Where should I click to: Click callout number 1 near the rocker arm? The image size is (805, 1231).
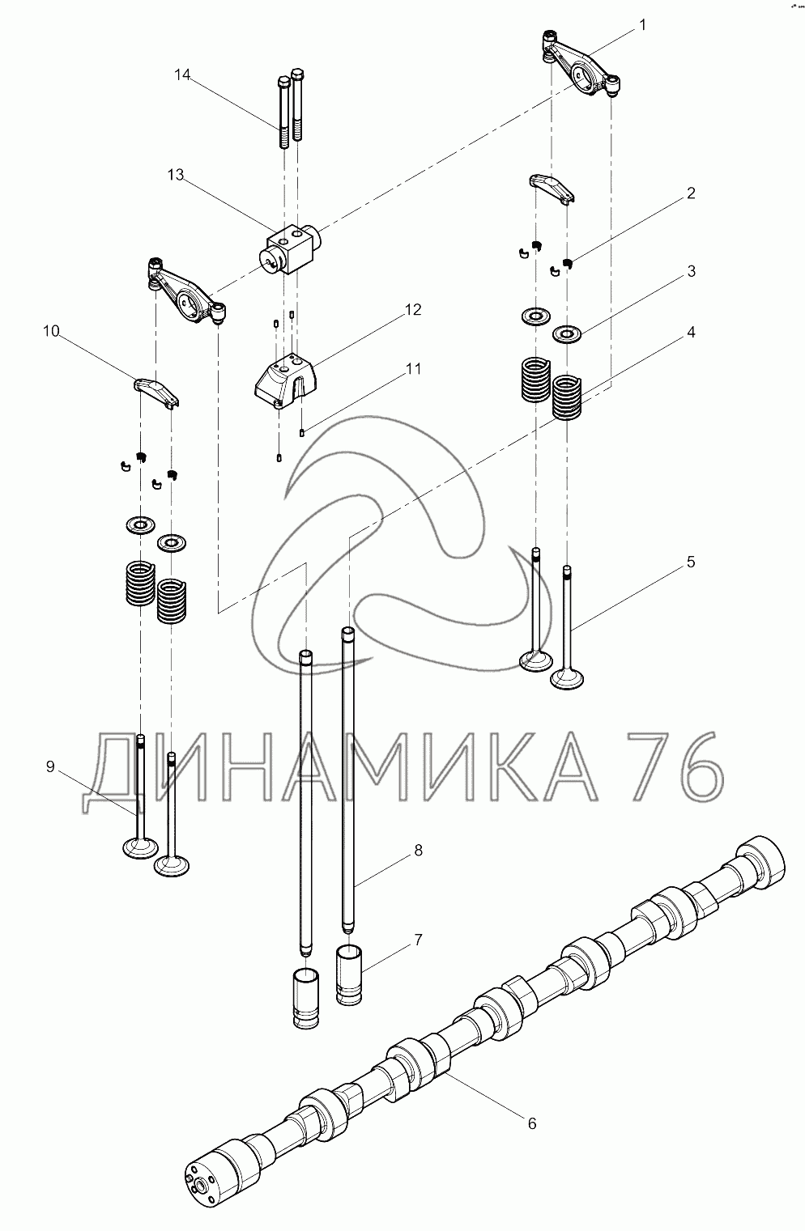643,26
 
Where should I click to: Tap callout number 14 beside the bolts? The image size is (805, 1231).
182,74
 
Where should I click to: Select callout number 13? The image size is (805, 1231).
176,175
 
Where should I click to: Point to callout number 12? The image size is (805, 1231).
413,310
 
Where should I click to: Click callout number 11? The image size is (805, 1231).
413,369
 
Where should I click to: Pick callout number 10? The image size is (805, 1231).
51,332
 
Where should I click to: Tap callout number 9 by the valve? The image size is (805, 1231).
50,766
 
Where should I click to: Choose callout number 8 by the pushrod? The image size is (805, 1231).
419,850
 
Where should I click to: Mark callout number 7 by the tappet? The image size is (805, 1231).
419,940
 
